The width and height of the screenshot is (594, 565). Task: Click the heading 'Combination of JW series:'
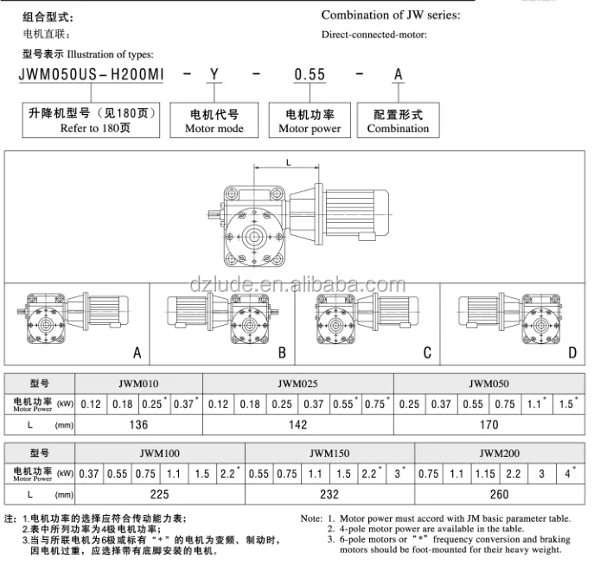pyautogui.click(x=391, y=15)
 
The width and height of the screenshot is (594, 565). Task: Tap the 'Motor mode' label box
pyautogui.click(x=214, y=121)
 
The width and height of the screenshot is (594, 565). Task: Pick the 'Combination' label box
pyautogui.click(x=398, y=121)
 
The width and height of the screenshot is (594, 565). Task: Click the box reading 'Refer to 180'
pyautogui.click(x=92, y=121)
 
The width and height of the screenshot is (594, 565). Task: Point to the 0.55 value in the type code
pyautogui.click(x=310, y=75)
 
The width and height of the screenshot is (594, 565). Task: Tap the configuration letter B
pyautogui.click(x=282, y=352)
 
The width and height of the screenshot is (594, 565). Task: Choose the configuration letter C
pyautogui.click(x=427, y=352)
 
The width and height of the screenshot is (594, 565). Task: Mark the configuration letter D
pyautogui.click(x=572, y=352)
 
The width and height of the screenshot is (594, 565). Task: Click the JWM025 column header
pyautogui.click(x=298, y=383)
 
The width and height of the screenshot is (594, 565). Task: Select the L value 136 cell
pyautogui.click(x=138, y=424)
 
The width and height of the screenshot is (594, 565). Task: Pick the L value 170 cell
pyautogui.click(x=489, y=424)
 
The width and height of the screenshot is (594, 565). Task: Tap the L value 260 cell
pyautogui.click(x=501, y=494)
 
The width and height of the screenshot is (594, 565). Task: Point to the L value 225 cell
pyautogui.click(x=160, y=494)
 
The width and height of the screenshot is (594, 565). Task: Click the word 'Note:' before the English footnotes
pyautogui.click(x=311, y=518)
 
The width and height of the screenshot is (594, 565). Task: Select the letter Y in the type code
pyautogui.click(x=214, y=75)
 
